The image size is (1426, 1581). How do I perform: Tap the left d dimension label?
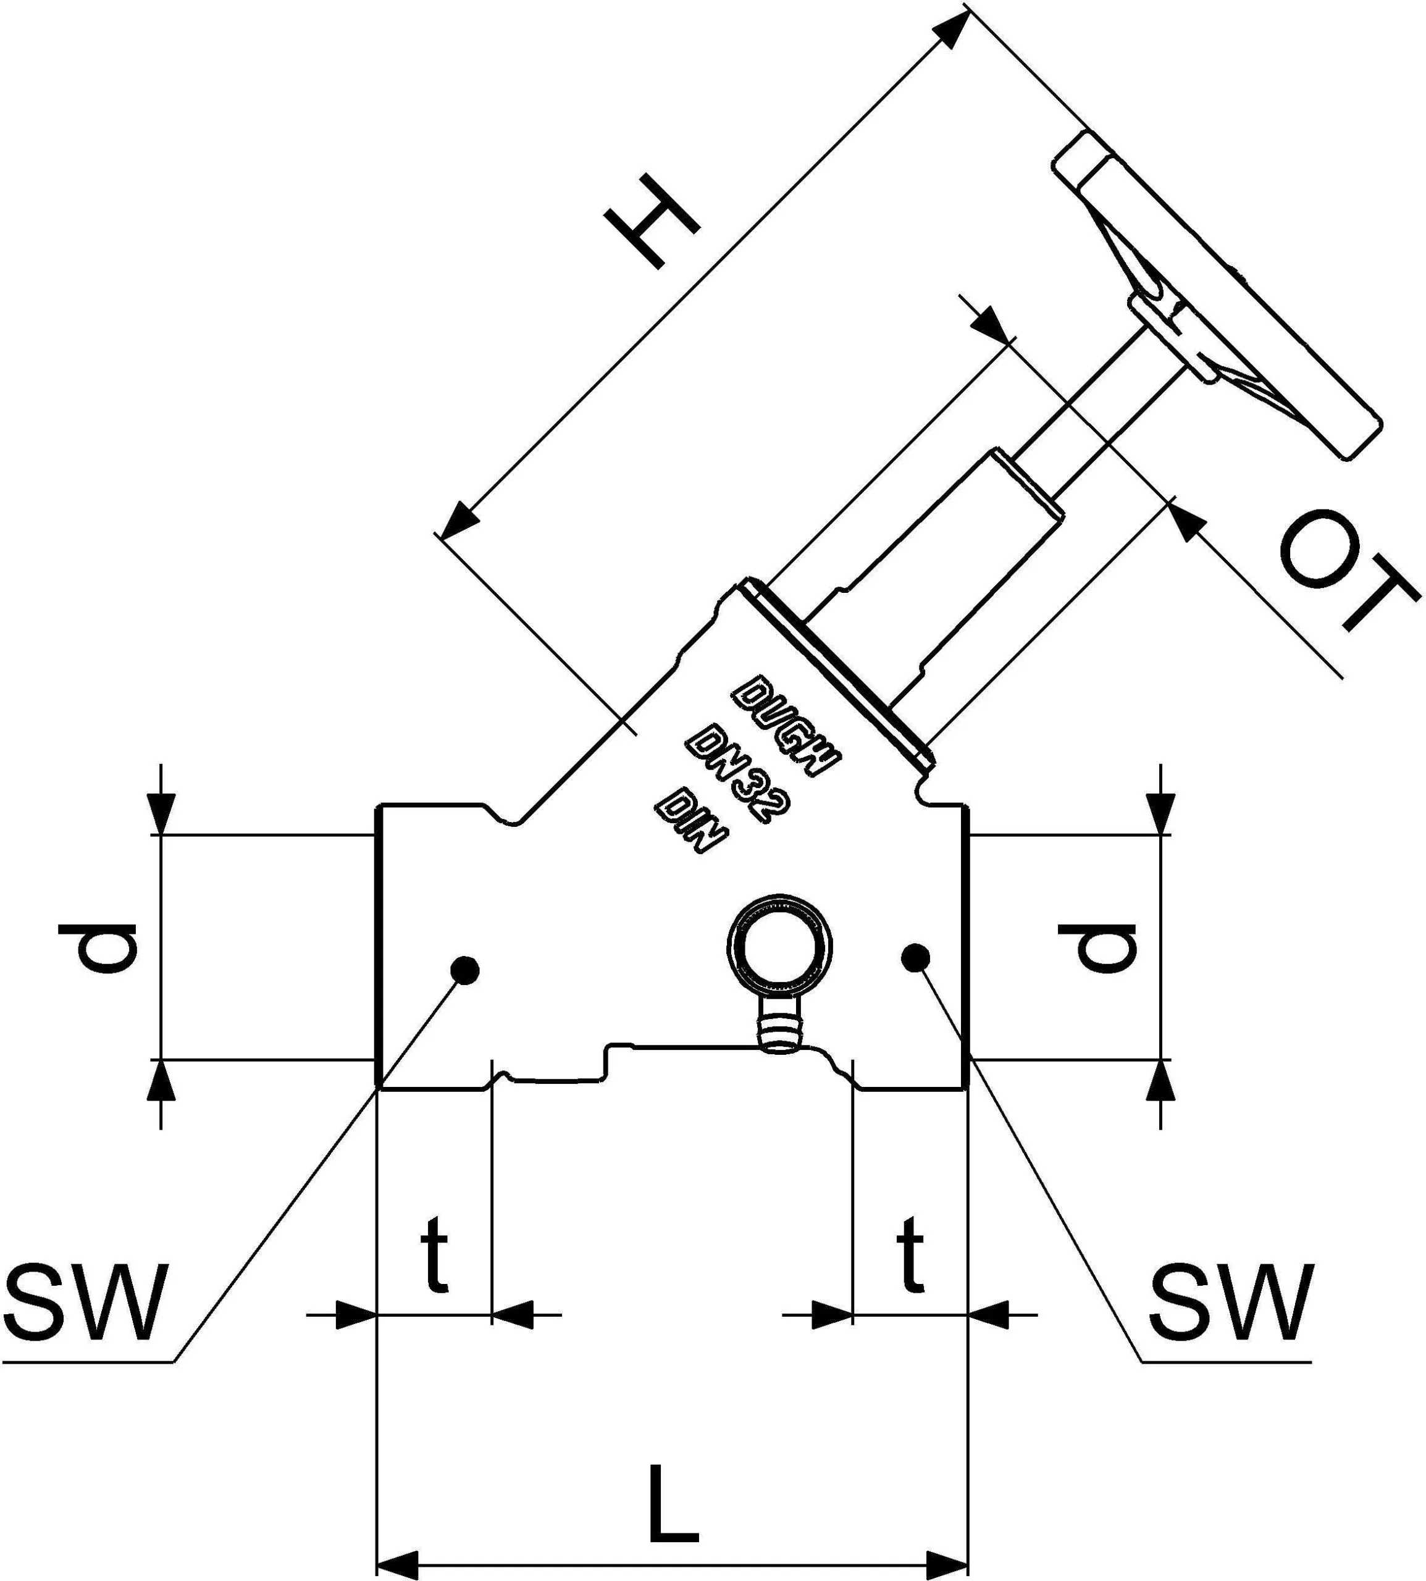point(98,947)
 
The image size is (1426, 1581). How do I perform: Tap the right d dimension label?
point(1096,947)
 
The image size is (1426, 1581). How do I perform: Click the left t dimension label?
point(434,1254)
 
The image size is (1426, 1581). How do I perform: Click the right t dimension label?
point(910,1254)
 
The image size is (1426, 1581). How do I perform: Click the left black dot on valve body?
point(466,971)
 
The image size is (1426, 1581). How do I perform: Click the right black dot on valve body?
point(915,957)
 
